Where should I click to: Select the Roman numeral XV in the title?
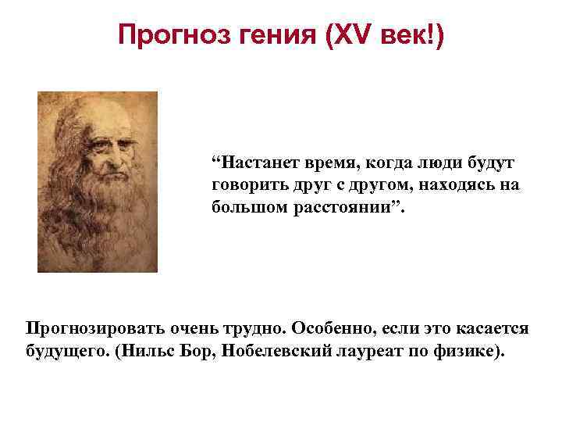click(338, 35)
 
